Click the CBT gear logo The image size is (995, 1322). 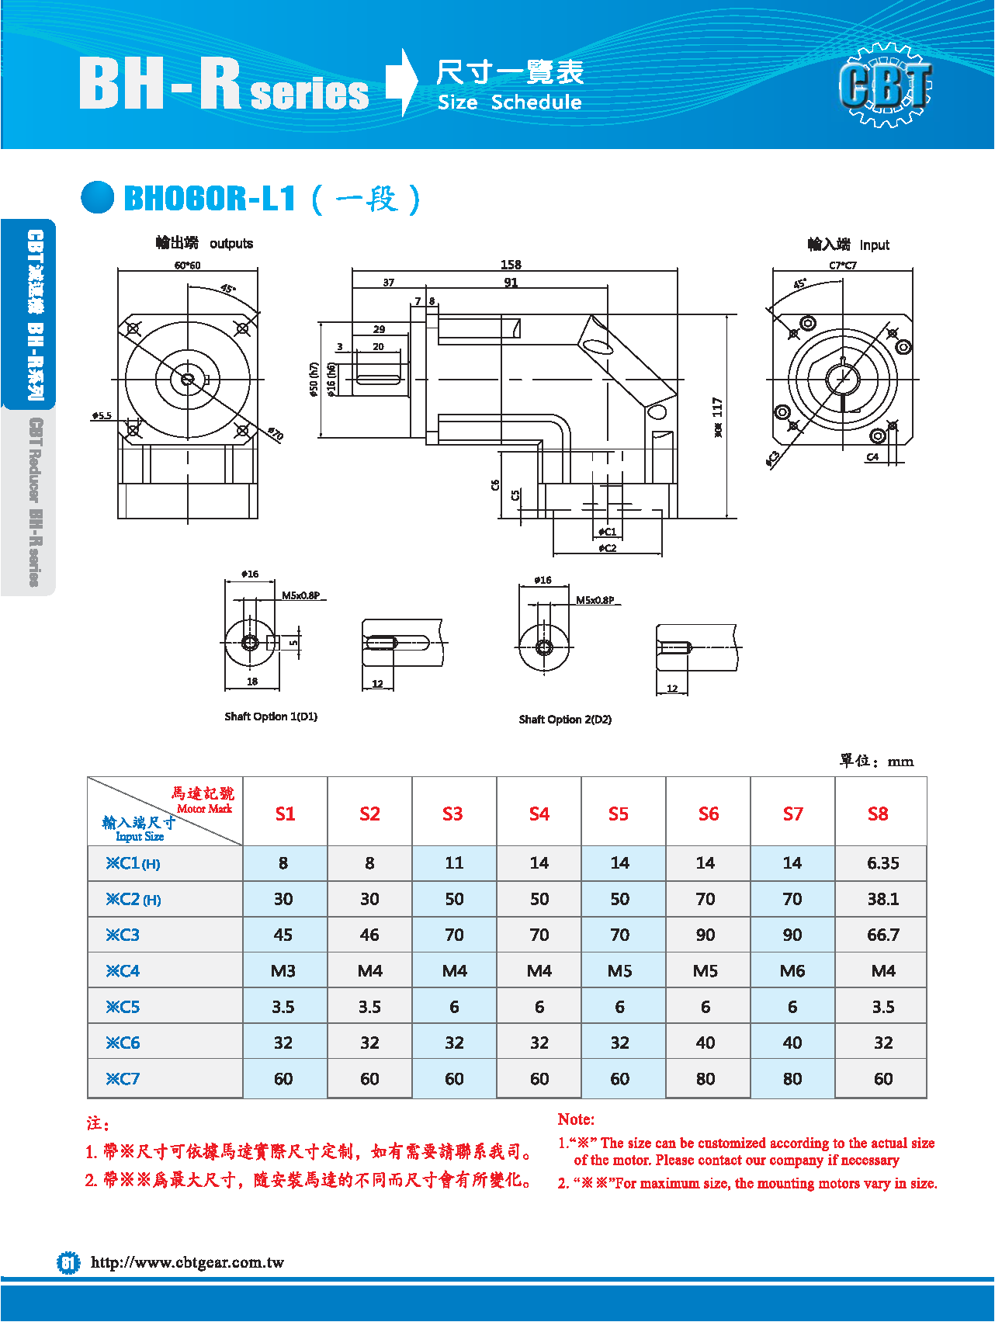pyautogui.click(x=886, y=85)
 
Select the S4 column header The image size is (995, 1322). pyautogui.click(x=539, y=814)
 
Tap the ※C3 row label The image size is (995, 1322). pyautogui.click(x=123, y=935)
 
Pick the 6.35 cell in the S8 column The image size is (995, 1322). pyautogui.click(x=883, y=863)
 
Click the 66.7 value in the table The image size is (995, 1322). pyautogui.click(x=883, y=935)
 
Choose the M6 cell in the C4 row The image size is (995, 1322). pyautogui.click(x=792, y=971)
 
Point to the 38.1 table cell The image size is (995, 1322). pyautogui.click(x=883, y=899)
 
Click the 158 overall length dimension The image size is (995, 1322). pyautogui.click(x=511, y=265)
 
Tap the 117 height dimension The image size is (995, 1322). pyautogui.click(x=718, y=408)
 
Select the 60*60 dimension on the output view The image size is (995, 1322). pyautogui.click(x=187, y=265)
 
